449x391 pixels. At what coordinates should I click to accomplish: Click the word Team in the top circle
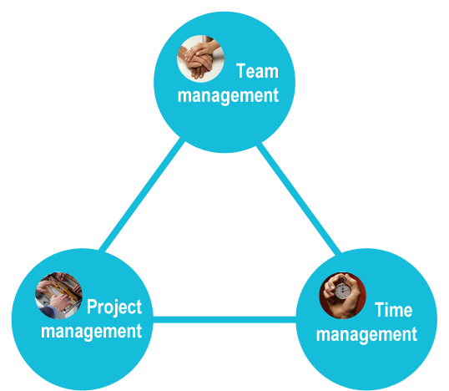(257, 71)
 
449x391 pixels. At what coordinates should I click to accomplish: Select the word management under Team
(228, 96)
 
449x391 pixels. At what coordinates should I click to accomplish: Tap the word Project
(114, 307)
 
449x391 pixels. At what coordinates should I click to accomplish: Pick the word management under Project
(91, 332)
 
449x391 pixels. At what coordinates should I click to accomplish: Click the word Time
(393, 310)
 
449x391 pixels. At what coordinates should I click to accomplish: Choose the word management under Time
(366, 335)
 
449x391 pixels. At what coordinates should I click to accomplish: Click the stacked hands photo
(200, 58)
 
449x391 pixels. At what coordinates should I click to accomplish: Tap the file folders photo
(58, 296)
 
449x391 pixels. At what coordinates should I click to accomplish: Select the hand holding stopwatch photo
(342, 296)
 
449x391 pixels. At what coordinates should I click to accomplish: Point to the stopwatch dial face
(343, 291)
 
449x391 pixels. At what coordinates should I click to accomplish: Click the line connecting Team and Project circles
(142, 195)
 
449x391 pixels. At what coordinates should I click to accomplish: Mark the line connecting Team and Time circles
(299, 199)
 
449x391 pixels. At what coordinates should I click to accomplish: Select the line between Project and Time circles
(224, 320)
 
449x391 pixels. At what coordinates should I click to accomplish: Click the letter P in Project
(92, 307)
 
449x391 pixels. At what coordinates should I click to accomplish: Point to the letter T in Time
(380, 310)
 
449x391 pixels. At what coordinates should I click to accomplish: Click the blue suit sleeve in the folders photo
(48, 312)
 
